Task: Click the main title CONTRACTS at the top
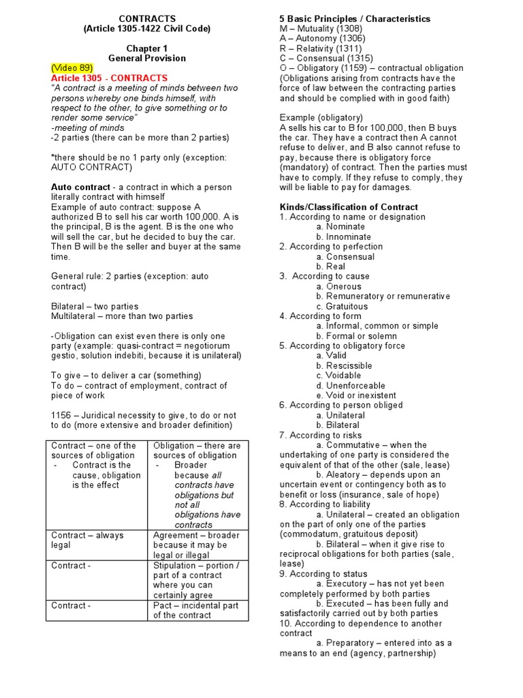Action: point(147,18)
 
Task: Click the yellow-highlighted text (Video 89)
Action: point(72,68)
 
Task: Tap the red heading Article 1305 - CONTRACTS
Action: point(109,78)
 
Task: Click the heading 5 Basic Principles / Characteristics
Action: point(355,18)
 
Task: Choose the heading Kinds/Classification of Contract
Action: point(349,207)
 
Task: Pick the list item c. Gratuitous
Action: point(342,306)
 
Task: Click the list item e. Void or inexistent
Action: point(356,395)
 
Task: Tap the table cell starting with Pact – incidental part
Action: point(196,610)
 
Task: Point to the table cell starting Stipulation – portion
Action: point(196,580)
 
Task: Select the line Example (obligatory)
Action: point(321,118)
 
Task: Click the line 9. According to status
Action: point(323,574)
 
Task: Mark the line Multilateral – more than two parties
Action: point(122,316)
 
